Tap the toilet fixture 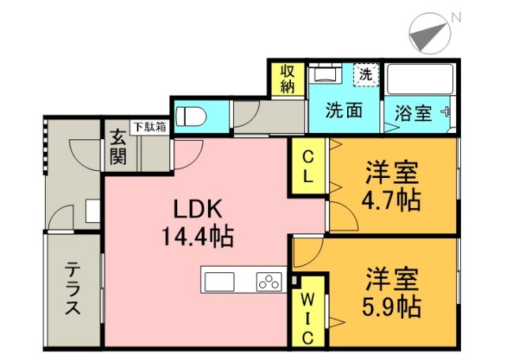[191, 116]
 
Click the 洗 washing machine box [365, 75]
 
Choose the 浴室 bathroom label [413, 112]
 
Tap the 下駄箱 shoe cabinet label [149, 126]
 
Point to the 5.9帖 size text [392, 305]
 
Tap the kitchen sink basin [219, 281]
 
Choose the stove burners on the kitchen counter [269, 281]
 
